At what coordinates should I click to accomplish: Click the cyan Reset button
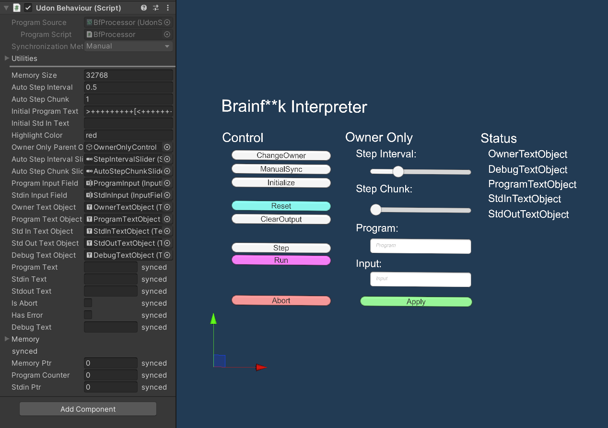281,206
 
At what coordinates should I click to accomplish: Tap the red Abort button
281,301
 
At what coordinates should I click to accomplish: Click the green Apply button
416,302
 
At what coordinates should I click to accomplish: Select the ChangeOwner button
281,155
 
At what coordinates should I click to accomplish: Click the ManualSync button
281,169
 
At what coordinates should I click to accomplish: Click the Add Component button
88,409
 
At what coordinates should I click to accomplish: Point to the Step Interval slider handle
398,172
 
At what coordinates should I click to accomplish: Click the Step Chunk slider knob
376,210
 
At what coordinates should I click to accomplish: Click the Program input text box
421,246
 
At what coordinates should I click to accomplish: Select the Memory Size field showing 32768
128,75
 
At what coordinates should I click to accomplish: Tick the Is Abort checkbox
88,303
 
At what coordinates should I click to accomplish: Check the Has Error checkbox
88,315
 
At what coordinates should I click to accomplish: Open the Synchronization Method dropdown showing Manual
128,47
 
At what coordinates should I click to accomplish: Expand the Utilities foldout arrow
7,59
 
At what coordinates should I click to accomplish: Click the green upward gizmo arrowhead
214,318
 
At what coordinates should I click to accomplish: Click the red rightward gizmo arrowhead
261,368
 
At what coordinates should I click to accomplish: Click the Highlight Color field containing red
128,135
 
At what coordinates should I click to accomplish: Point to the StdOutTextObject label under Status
528,214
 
